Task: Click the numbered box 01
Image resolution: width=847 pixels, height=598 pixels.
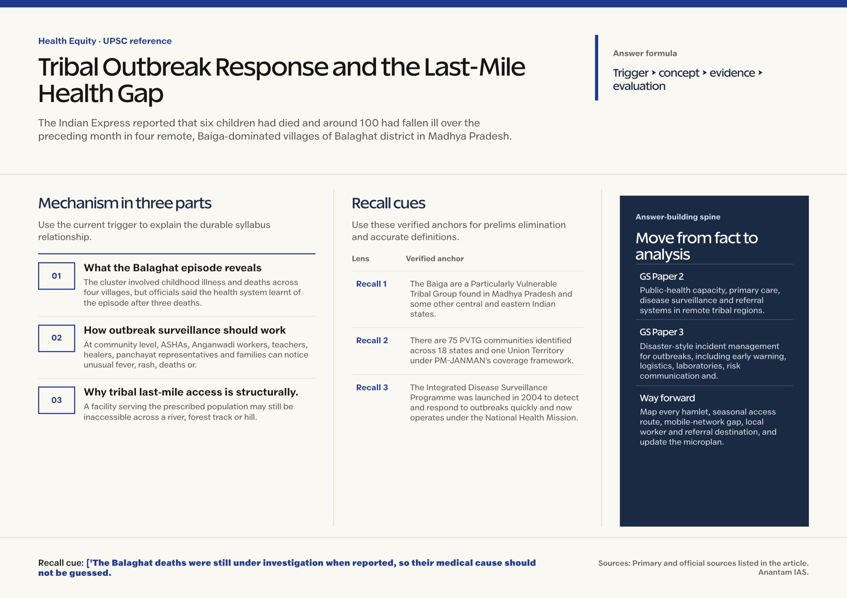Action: [x=57, y=276]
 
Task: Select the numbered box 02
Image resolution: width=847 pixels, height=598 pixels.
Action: [x=57, y=338]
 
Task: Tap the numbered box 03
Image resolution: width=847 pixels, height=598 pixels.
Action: [x=57, y=400]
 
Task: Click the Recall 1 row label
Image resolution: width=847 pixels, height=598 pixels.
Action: [x=371, y=284]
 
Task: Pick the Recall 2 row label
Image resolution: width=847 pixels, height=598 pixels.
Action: [x=372, y=340]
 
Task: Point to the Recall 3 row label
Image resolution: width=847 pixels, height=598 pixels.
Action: [x=372, y=388]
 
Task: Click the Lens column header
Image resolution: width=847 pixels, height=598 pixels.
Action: [x=360, y=259]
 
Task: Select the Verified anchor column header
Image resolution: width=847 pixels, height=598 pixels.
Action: [x=434, y=259]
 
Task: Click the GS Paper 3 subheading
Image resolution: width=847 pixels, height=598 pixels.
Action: [x=661, y=332]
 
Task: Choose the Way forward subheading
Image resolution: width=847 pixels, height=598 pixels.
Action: [x=667, y=398]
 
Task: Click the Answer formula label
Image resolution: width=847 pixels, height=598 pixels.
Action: [x=645, y=54]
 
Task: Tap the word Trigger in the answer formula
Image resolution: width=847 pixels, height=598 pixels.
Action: [x=631, y=73]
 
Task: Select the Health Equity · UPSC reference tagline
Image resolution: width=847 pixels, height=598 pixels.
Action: [x=105, y=41]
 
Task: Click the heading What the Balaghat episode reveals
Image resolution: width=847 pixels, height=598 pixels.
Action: [x=173, y=268]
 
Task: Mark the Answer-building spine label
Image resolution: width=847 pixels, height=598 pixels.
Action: [x=678, y=217]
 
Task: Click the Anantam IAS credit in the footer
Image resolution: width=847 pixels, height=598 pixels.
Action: [x=783, y=572]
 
